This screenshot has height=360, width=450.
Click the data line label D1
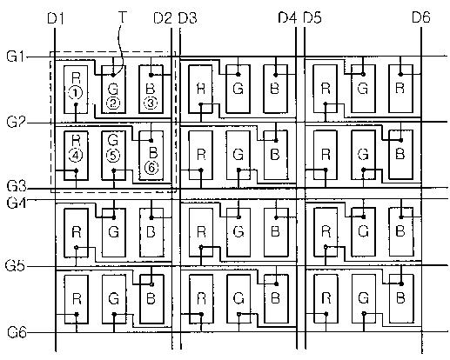[x=56, y=19]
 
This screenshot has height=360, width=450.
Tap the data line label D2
[x=163, y=18]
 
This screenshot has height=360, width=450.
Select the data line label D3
[x=187, y=18]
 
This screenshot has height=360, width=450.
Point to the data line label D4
[x=287, y=17]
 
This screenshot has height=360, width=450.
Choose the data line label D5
[x=312, y=17]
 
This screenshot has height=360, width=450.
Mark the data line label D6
[x=421, y=17]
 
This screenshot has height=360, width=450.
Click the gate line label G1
[x=16, y=56]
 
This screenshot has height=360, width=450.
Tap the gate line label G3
[x=17, y=186]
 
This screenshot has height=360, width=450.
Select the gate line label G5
[x=15, y=265]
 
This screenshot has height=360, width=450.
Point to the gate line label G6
[x=17, y=332]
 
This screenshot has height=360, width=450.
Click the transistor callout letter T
[x=123, y=17]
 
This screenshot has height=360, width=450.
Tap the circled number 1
[x=76, y=93]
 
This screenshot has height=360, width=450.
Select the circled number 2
[x=113, y=103]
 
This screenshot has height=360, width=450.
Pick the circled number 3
[x=151, y=103]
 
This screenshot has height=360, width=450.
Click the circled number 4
[x=76, y=156]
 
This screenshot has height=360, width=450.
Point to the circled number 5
[x=113, y=156]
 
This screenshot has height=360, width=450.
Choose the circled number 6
[x=151, y=168]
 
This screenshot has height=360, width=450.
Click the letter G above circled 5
[x=113, y=140]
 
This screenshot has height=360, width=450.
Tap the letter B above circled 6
[x=153, y=152]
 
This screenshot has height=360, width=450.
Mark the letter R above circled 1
[x=76, y=78]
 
